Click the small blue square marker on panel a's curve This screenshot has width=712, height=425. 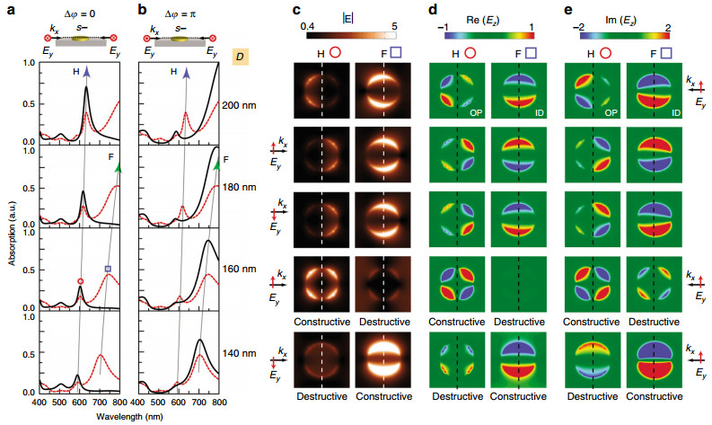[x=108, y=269]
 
